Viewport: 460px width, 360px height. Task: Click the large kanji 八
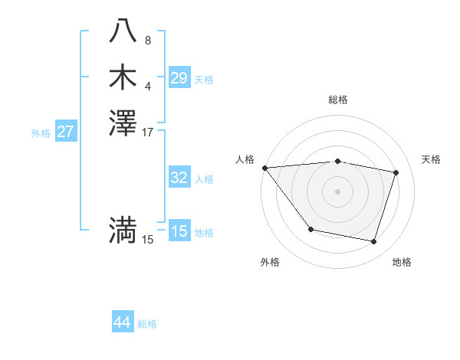123,31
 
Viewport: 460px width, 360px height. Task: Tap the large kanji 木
123,77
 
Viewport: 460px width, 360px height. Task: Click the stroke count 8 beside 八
148,41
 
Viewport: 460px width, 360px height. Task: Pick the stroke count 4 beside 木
148,87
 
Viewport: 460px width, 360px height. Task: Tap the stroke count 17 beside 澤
148,132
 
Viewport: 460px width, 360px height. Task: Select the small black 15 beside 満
148,240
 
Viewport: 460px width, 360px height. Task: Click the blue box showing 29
179,78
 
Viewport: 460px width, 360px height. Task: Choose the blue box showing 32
179,178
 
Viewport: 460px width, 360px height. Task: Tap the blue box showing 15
179,231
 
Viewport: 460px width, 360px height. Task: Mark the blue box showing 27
65,132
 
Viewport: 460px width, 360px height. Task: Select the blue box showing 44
122,323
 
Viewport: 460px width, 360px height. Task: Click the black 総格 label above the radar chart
338,100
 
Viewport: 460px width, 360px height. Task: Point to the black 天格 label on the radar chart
431,159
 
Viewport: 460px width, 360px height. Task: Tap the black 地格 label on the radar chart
402,262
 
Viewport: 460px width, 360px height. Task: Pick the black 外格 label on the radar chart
270,262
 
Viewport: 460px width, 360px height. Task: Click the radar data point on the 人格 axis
264,167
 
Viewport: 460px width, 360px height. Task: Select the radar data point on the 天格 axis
396,172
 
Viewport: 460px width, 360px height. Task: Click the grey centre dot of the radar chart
338,191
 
